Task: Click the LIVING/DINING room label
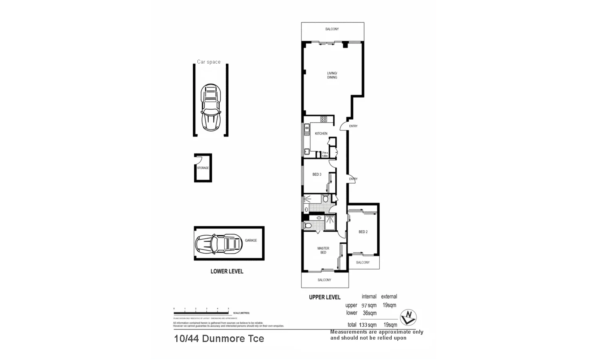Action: point(332,75)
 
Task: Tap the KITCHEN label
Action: point(321,134)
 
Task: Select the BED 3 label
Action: point(317,174)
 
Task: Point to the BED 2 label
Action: point(363,232)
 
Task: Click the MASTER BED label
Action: point(323,250)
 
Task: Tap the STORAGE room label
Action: point(203,168)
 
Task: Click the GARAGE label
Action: point(251,240)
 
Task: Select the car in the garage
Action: point(218,243)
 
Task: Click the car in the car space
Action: point(211,107)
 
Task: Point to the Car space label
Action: point(209,62)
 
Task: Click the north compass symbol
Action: point(409,317)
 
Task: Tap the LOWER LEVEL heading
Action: point(227,271)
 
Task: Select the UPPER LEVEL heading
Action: point(325,297)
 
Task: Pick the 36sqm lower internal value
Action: point(369,313)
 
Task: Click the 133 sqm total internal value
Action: point(368,325)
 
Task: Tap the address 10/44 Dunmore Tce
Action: point(219,338)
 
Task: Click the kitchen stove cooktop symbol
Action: point(323,119)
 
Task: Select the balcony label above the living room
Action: point(332,29)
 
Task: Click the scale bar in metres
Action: point(201,312)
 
